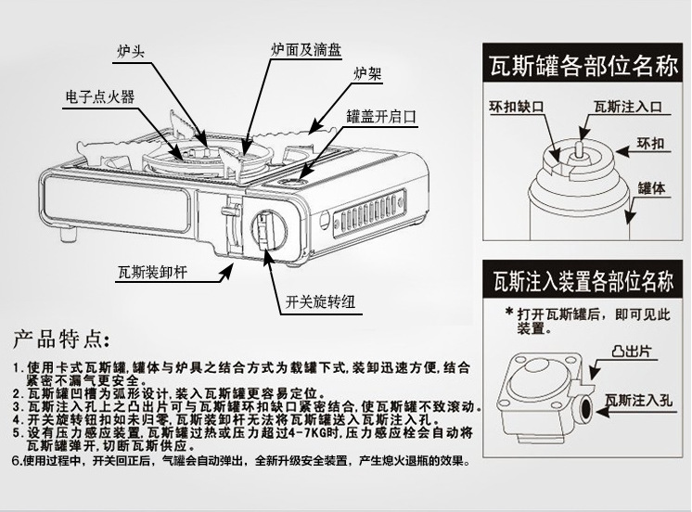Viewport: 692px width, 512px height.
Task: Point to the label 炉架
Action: pos(367,72)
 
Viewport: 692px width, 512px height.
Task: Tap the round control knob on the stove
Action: pos(269,228)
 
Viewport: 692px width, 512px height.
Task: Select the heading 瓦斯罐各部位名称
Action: pos(585,67)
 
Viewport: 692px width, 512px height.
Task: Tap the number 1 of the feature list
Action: pos(18,367)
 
